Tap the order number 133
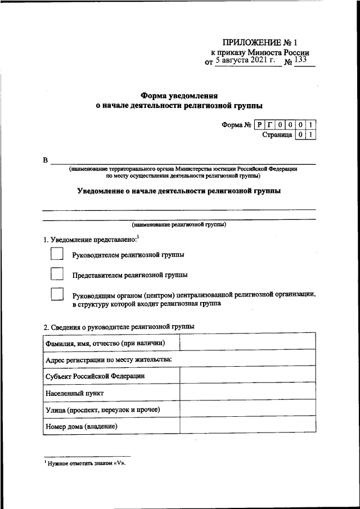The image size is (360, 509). click(300, 61)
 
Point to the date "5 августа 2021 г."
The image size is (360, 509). click(247, 61)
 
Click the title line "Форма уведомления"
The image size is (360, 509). click(179, 95)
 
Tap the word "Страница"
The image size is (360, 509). click(277, 135)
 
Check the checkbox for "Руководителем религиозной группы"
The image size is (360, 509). click(57, 254)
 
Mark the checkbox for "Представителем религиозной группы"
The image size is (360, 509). click(57, 274)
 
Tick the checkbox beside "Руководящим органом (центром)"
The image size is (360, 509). click(57, 295)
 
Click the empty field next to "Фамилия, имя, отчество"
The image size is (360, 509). click(247, 342)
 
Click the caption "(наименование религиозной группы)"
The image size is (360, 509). click(179, 224)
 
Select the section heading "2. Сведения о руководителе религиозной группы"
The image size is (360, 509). click(119, 326)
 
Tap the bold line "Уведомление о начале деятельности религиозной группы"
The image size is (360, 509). click(179, 191)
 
